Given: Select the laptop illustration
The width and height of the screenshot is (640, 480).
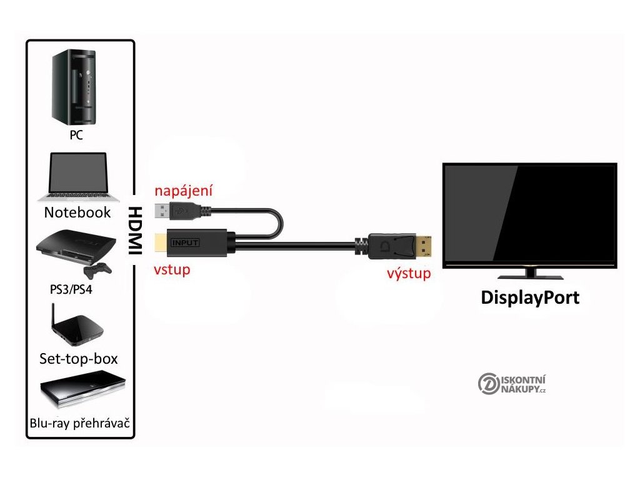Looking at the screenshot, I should click(x=77, y=177).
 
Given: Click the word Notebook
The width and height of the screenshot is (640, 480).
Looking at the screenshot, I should click(x=77, y=212).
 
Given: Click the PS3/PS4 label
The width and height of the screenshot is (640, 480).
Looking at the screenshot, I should click(x=74, y=290).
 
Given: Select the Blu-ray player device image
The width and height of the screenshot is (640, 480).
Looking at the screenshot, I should click(x=79, y=391).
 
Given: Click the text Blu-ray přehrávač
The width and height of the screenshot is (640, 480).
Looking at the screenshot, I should click(x=80, y=423).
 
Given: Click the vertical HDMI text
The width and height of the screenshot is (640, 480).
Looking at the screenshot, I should click(x=133, y=230).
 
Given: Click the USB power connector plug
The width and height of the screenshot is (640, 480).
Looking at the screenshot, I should click(x=181, y=212).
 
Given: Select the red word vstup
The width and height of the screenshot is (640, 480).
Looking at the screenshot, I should click(x=171, y=270).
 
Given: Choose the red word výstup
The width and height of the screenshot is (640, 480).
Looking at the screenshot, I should click(x=407, y=273).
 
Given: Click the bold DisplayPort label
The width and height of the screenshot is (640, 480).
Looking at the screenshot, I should click(x=530, y=297).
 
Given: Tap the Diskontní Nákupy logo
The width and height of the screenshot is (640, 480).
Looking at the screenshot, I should click(x=512, y=384).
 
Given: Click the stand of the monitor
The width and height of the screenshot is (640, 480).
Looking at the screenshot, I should click(x=529, y=273).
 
